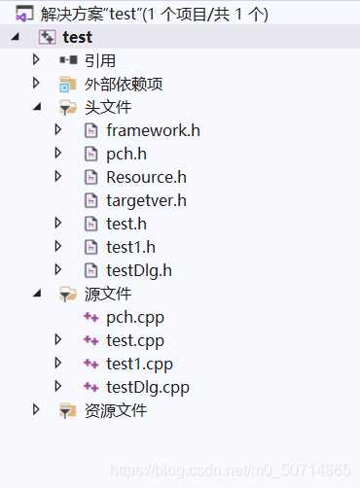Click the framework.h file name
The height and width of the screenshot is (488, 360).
pos(153,130)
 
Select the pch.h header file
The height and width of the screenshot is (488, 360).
pos(127,154)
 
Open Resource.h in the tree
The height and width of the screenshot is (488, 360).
pos(146,177)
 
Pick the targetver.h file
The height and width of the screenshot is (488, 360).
pos(146,200)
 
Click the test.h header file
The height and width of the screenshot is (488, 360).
pos(127,224)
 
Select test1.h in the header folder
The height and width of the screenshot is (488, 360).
pos(131,247)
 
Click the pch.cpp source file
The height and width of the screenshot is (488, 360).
pos(135,317)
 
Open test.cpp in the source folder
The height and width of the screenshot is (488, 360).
pos(135,340)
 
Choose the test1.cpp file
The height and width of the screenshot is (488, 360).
pos(139,364)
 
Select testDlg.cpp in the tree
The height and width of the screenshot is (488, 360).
pos(148,387)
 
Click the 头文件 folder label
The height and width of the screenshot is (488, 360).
pos(108,107)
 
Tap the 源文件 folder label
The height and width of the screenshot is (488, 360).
pos(108,294)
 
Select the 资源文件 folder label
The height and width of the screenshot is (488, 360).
pos(116,410)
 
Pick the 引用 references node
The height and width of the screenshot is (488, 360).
pos(100,60)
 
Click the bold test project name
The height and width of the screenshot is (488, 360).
pos(78,37)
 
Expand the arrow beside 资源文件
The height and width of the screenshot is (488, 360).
pos(37,410)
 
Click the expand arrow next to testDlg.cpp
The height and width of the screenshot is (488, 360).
pos(58,387)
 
